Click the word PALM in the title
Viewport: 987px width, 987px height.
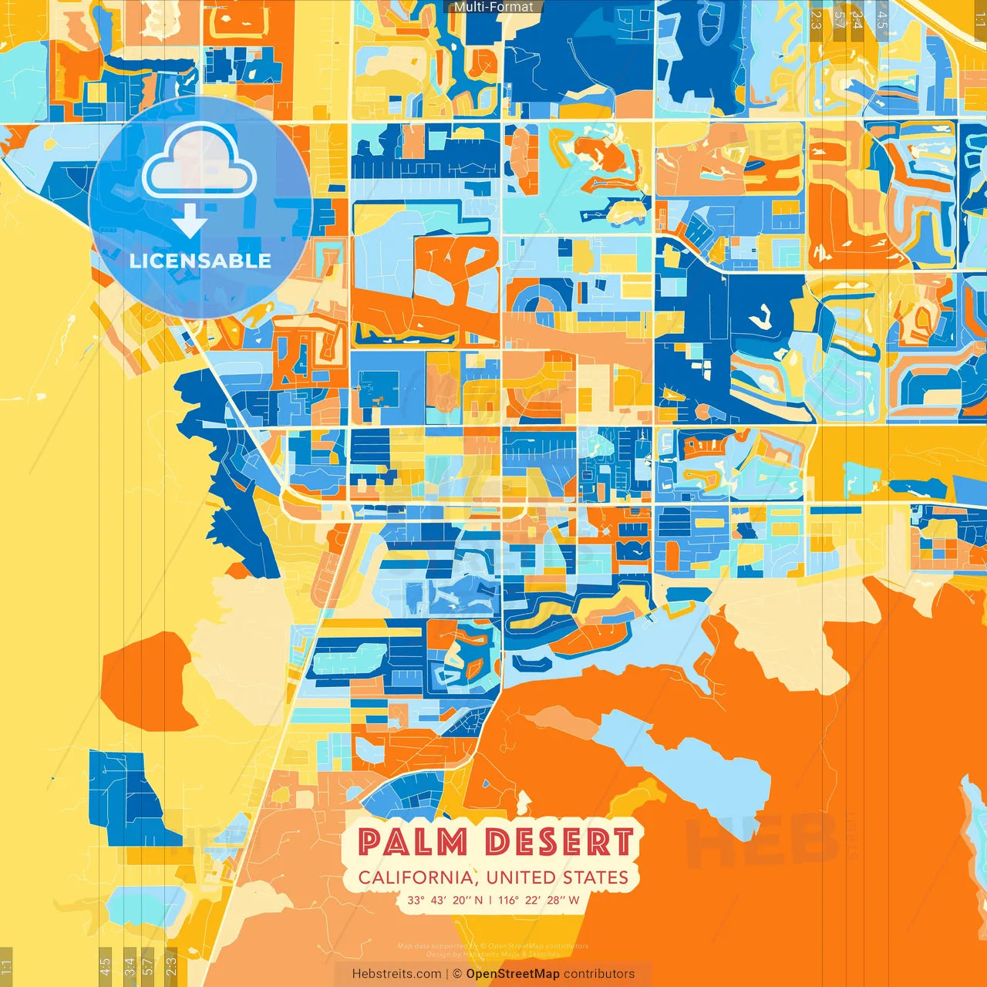point(413,842)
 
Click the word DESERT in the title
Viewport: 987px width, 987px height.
point(560,842)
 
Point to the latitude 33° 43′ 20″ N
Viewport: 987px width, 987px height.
point(445,900)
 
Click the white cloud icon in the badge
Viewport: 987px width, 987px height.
point(199,162)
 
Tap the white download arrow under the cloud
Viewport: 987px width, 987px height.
point(190,222)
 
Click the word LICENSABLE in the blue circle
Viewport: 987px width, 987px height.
point(200,261)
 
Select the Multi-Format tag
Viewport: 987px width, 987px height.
point(493,7)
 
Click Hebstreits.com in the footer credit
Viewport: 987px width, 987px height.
point(397,974)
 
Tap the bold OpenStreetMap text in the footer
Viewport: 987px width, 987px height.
point(513,974)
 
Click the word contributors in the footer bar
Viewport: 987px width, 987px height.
point(599,974)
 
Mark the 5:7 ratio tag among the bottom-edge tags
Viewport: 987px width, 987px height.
point(147,966)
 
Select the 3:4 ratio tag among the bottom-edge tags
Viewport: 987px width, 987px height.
point(130,966)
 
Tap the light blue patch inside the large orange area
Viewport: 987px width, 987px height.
point(686,763)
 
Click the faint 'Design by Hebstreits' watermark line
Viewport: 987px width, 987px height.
point(493,954)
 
